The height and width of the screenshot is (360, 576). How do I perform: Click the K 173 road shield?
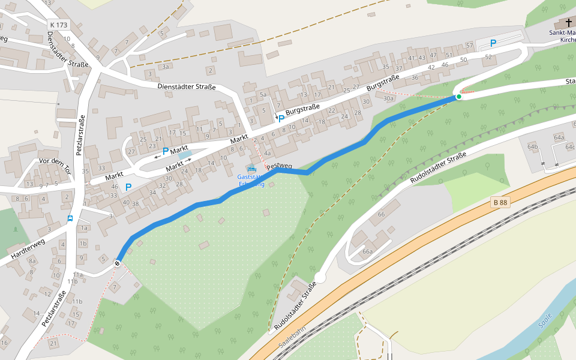[59, 25]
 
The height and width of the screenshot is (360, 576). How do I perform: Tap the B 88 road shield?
[500, 203]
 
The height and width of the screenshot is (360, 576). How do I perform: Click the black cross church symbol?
[569, 23]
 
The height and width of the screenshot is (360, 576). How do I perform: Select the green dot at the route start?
[458, 96]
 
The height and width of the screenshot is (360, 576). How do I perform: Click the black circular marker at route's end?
[118, 263]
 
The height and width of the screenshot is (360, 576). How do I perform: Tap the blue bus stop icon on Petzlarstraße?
[70, 218]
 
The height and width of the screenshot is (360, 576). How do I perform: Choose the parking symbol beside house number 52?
[493, 43]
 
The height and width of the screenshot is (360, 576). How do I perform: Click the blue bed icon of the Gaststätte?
[251, 169]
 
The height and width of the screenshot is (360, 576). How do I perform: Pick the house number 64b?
[533, 146]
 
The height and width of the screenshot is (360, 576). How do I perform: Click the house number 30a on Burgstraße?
[388, 98]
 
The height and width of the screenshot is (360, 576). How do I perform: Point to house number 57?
[469, 46]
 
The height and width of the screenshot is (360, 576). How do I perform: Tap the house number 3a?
[165, 67]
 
